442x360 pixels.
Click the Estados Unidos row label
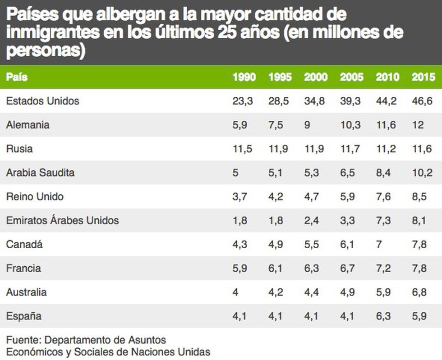point(42,101)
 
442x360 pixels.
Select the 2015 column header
point(423,77)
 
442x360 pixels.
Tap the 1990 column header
point(244,77)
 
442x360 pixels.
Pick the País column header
point(17,77)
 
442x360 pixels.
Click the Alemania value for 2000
point(307,125)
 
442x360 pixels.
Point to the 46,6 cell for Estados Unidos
point(422,101)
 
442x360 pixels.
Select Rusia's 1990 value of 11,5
point(242,149)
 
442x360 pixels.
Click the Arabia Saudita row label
point(40,173)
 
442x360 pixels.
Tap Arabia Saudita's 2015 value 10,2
point(422,173)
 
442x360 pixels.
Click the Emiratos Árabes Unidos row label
point(62,220)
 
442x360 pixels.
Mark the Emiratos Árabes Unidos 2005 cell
point(348,220)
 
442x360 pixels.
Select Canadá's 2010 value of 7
point(379,244)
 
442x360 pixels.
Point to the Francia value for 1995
point(276,268)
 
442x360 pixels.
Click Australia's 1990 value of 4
point(235,292)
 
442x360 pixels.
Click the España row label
point(23,316)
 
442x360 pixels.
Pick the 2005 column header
point(351,77)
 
